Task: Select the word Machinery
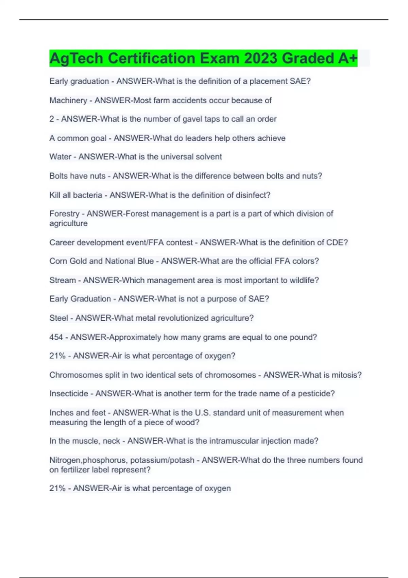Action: pos(68,100)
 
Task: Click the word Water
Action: pos(60,157)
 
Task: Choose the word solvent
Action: pos(208,157)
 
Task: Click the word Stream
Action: pos(63,280)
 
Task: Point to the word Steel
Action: pos(59,318)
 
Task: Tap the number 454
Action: pos(56,337)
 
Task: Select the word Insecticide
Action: pos(69,394)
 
